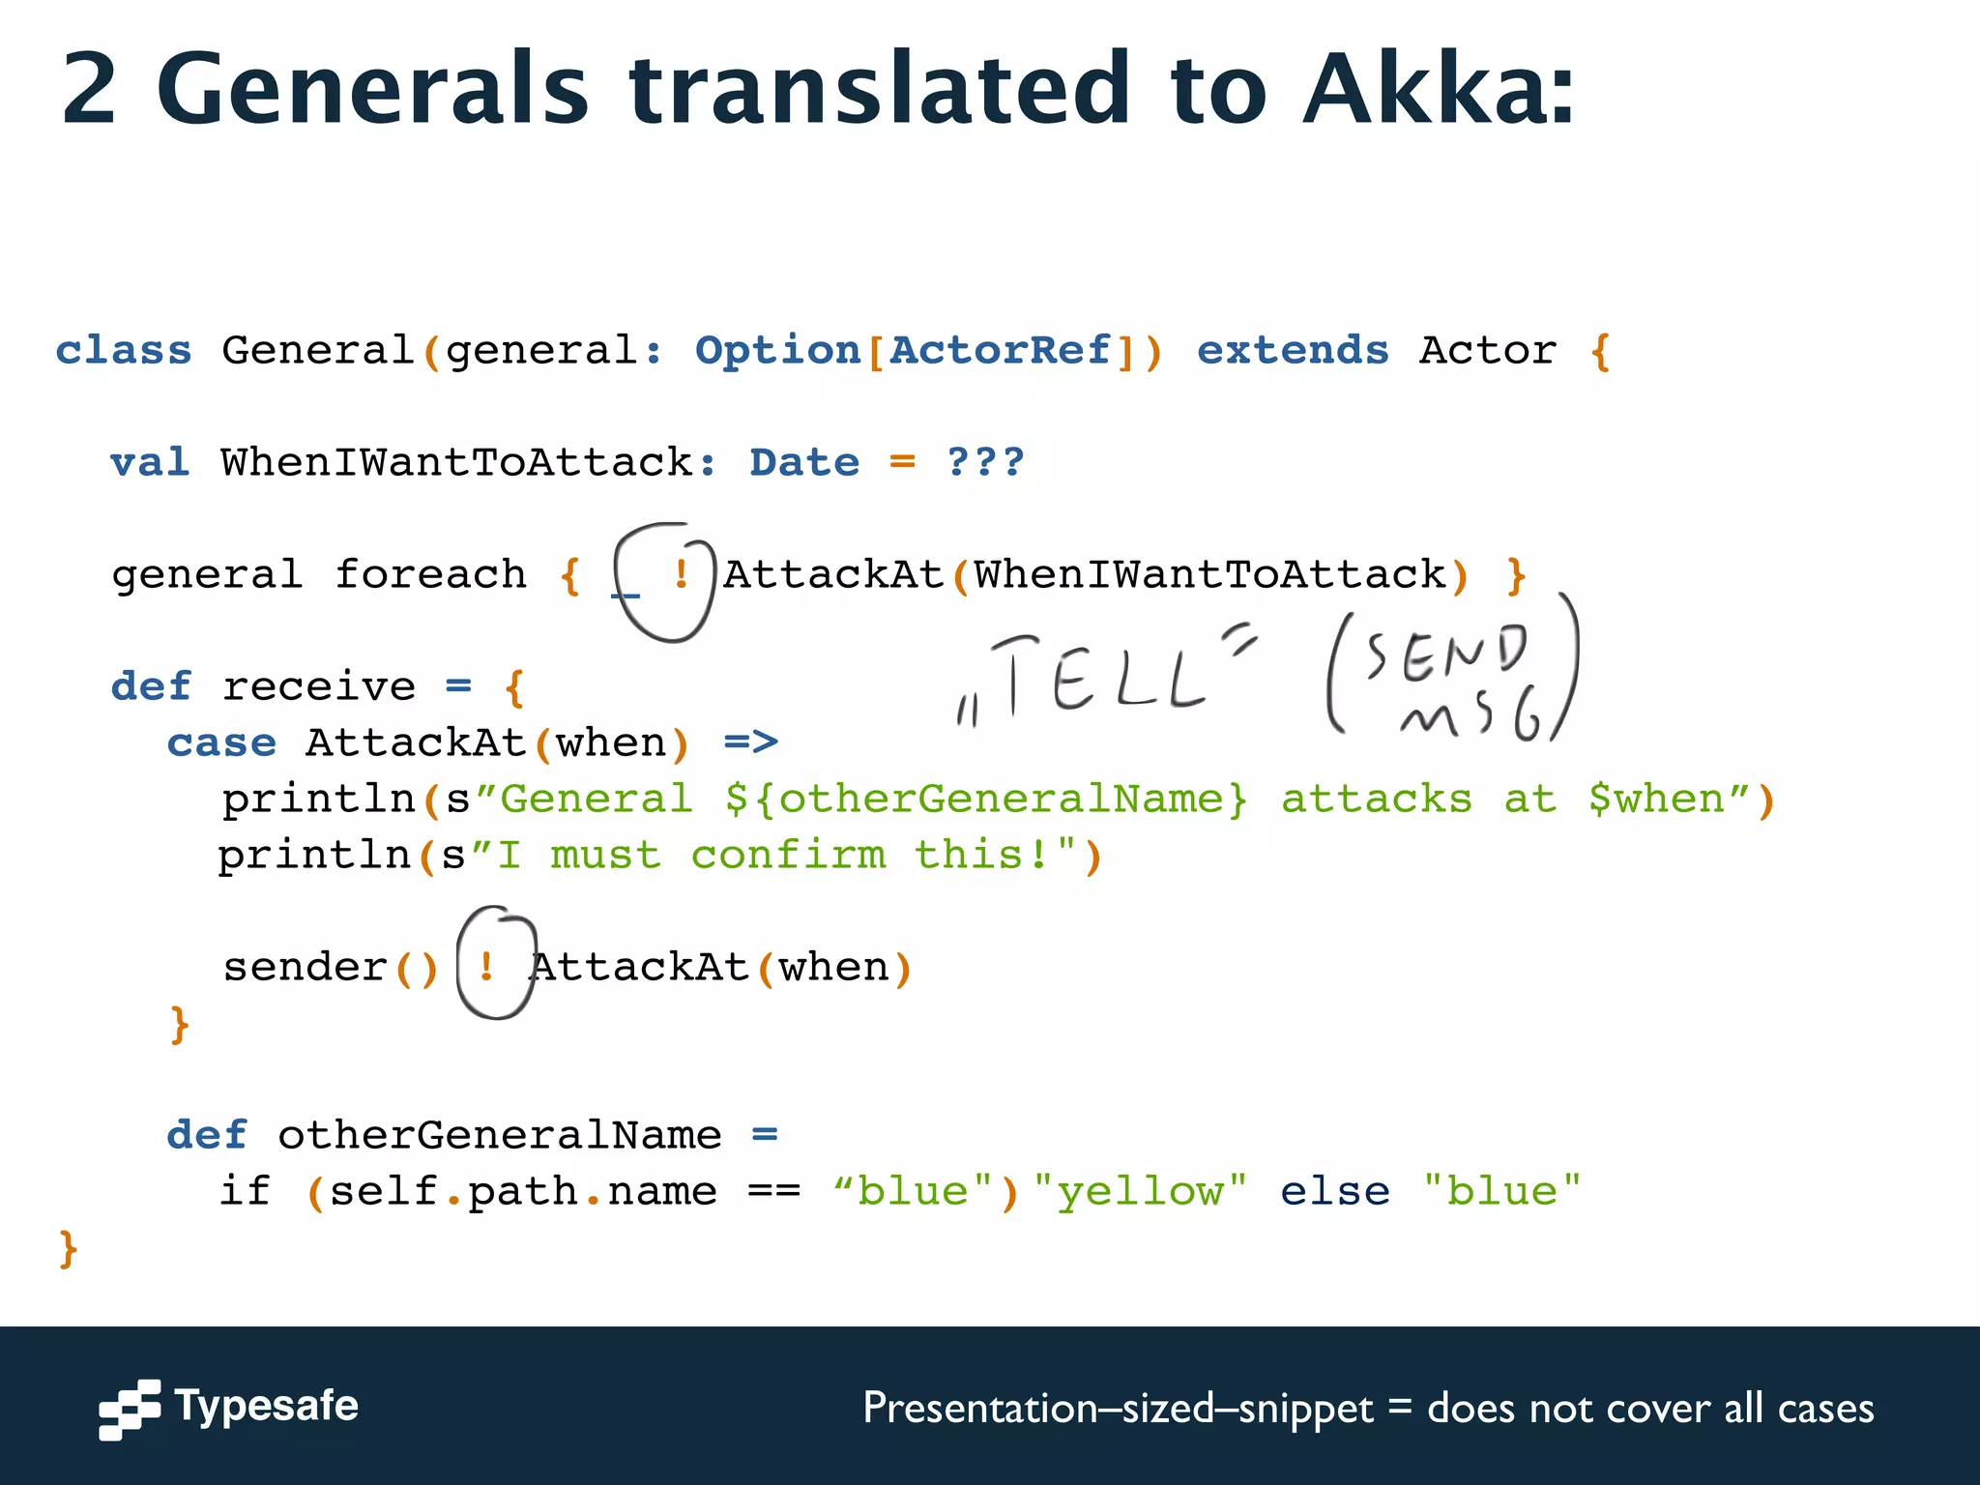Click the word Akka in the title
1439,89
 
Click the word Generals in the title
372,89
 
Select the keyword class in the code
124,351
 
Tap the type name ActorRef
1001,351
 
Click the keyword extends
1293,351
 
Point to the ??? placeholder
985,463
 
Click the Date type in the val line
804,463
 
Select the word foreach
430,575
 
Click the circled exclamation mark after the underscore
681,575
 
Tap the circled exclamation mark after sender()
487,966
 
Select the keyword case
221,743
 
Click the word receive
319,687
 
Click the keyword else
1335,1191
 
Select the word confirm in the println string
788,856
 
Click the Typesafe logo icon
130,1409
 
